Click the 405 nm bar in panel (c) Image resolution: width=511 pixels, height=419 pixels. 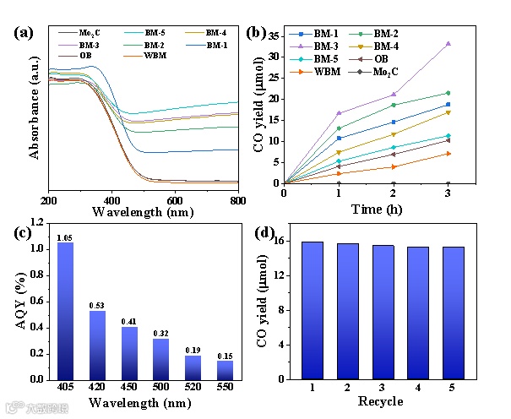pyautogui.click(x=64, y=311)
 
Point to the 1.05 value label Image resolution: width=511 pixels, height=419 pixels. pyautogui.click(x=64, y=237)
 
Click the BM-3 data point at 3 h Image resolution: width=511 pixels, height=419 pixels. pyautogui.click(x=448, y=43)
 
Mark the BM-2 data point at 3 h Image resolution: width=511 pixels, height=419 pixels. pyautogui.click(x=448, y=93)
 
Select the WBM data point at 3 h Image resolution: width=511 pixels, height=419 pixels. pyautogui.click(x=448, y=153)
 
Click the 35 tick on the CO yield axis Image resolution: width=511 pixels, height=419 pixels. pyautogui.click(x=273, y=35)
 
